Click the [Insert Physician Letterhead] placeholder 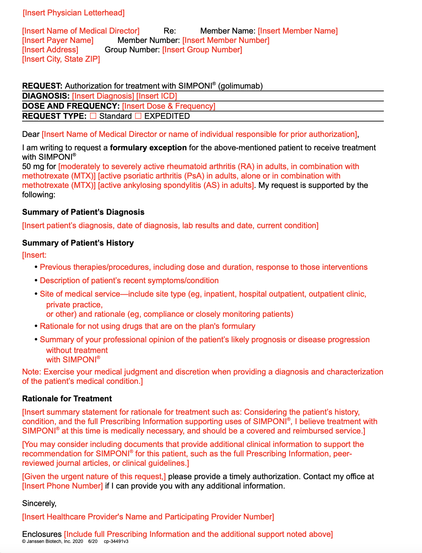[x=74, y=13]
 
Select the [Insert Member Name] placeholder [x=298, y=31]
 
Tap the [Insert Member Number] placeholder [x=226, y=40]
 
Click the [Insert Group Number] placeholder [x=202, y=50]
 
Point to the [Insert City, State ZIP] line [x=61, y=59]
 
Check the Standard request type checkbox [x=93, y=116]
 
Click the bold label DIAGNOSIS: [x=46, y=96]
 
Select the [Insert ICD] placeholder [x=156, y=96]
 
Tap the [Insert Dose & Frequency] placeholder [x=168, y=106]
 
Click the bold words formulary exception [x=148, y=148]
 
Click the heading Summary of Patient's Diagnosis [x=83, y=212]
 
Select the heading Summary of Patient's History [x=78, y=243]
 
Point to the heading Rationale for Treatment [x=67, y=399]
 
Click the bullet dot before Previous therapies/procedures [x=36, y=267]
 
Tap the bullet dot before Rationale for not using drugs [x=36, y=326]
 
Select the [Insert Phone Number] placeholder [x=63, y=486]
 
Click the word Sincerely [x=39, y=503]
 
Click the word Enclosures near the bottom [x=42, y=534]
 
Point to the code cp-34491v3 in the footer [x=116, y=541]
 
